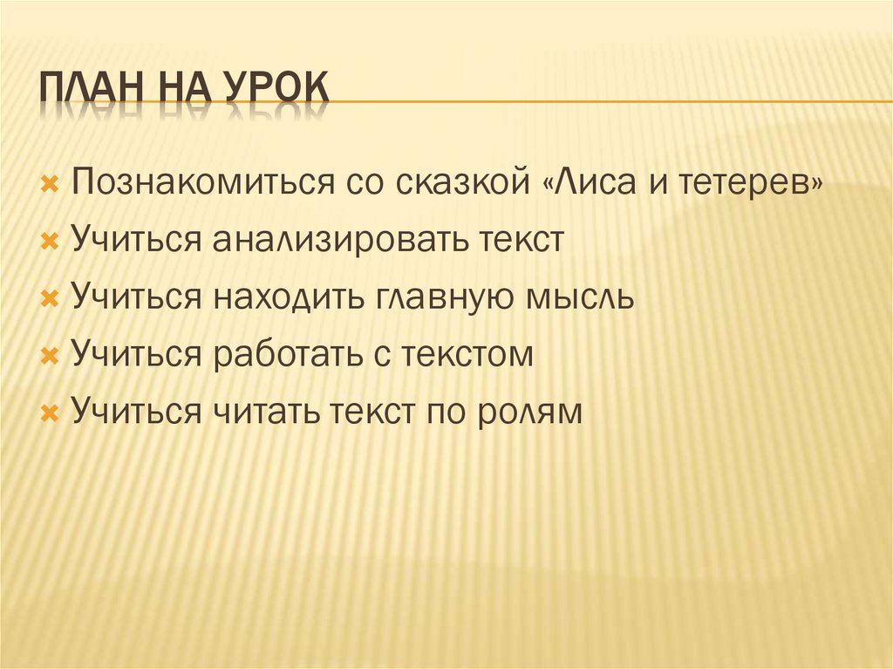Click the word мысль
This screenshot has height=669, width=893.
[x=581, y=297]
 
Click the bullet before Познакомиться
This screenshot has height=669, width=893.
[x=50, y=185]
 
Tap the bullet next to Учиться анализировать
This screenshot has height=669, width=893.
[x=50, y=242]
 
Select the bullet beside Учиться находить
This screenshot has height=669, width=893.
[x=50, y=298]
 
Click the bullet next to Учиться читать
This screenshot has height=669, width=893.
[x=50, y=412]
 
